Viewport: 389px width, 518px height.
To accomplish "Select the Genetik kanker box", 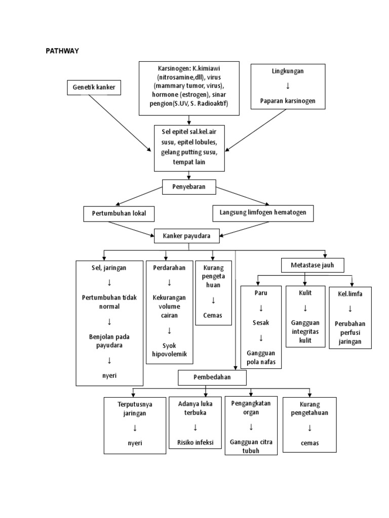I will [94, 88].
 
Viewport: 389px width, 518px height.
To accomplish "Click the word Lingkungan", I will [287, 71].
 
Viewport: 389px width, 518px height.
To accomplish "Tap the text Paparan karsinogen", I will [287, 101].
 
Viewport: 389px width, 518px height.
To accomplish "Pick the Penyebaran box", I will [189, 188].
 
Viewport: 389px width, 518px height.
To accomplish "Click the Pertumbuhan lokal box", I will [119, 213].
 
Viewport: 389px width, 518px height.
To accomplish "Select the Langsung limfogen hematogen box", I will [263, 213].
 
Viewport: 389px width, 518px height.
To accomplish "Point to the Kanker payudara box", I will [188, 236].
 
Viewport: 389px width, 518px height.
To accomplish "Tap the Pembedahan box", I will [212, 377].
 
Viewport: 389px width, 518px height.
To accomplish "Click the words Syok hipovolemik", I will [169, 350].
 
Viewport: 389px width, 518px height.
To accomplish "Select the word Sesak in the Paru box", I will [261, 322].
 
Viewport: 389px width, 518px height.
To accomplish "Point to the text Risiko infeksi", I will [196, 442].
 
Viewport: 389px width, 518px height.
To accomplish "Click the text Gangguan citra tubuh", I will [251, 446].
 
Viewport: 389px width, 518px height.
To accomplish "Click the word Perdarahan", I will [169, 268].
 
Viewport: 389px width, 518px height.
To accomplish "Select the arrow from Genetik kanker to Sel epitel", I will [120, 123].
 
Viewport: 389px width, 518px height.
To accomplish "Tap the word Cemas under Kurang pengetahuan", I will [309, 443].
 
